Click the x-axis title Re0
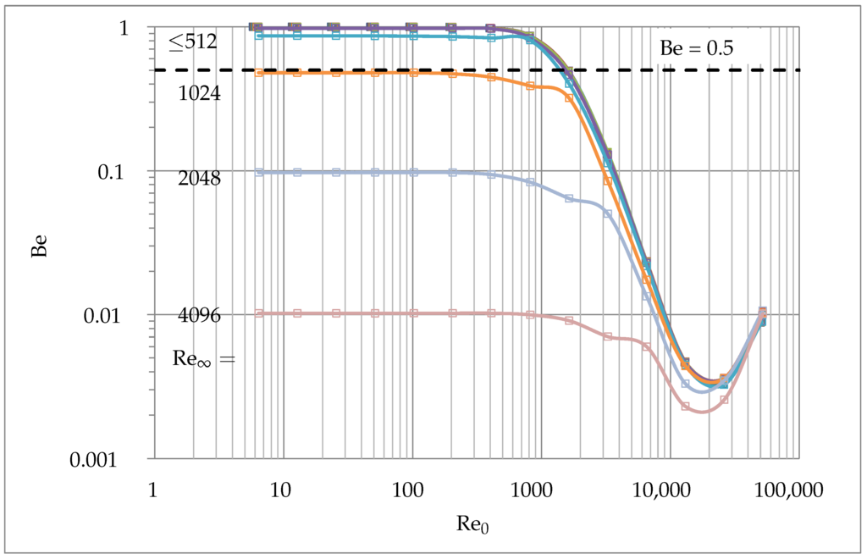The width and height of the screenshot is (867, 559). coord(472,524)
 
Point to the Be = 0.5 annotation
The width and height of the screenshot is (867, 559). coord(696,48)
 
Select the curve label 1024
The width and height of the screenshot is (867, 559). coord(199,93)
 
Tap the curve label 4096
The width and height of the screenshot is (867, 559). coord(199,316)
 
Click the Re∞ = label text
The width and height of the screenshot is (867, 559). coord(203,358)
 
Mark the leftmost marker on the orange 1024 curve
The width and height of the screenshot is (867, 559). coord(259,73)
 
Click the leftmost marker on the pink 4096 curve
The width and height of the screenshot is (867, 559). coord(259,313)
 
